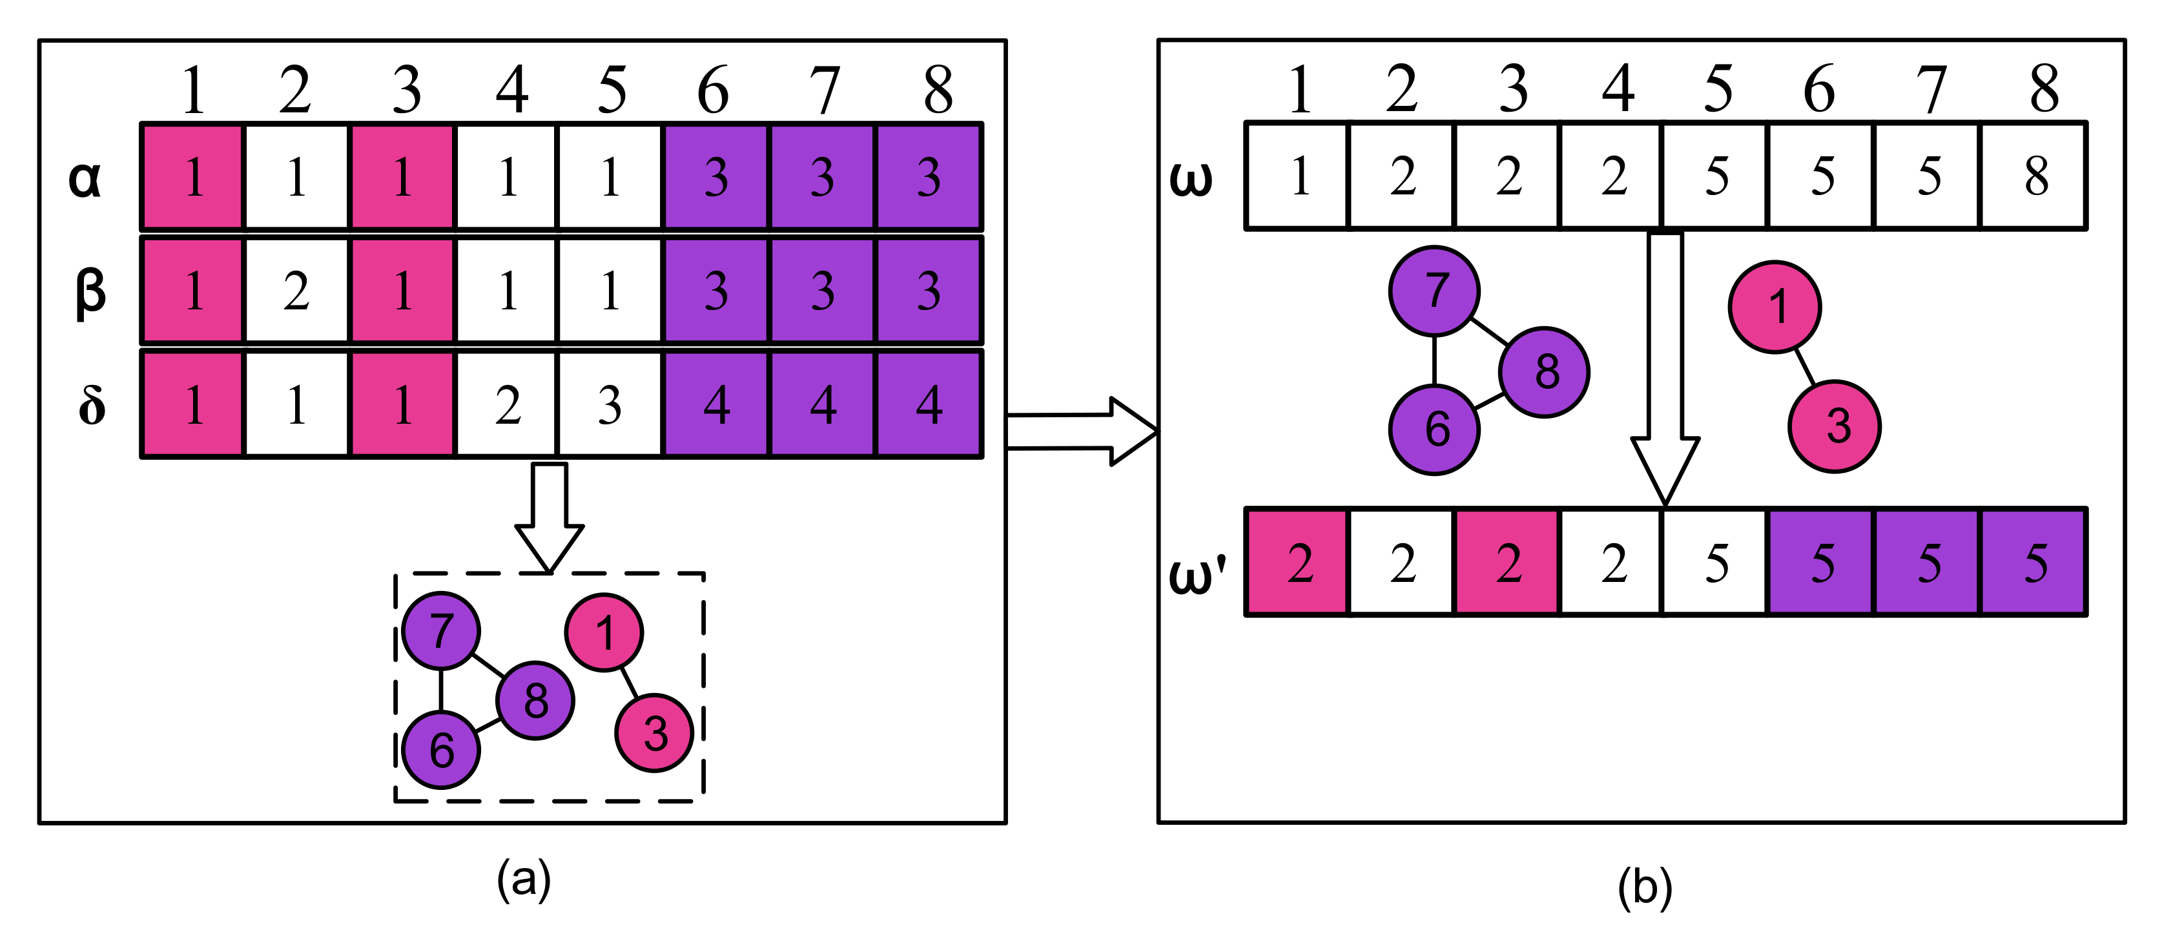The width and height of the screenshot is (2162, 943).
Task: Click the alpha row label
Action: point(85,179)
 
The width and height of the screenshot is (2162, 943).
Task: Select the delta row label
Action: point(92,406)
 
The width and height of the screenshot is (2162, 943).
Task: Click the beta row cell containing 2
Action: point(296,291)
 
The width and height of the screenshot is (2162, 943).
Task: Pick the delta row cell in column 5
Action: point(610,406)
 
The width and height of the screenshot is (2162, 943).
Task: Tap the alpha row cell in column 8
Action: point(928,177)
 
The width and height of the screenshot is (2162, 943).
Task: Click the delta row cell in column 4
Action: point(507,406)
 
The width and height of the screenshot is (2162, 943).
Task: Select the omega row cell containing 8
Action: point(2034,176)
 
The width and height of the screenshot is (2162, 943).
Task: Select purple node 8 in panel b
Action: point(1544,372)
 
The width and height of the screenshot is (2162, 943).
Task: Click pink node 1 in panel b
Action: point(1775,307)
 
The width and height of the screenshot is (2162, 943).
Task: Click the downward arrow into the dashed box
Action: point(550,517)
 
